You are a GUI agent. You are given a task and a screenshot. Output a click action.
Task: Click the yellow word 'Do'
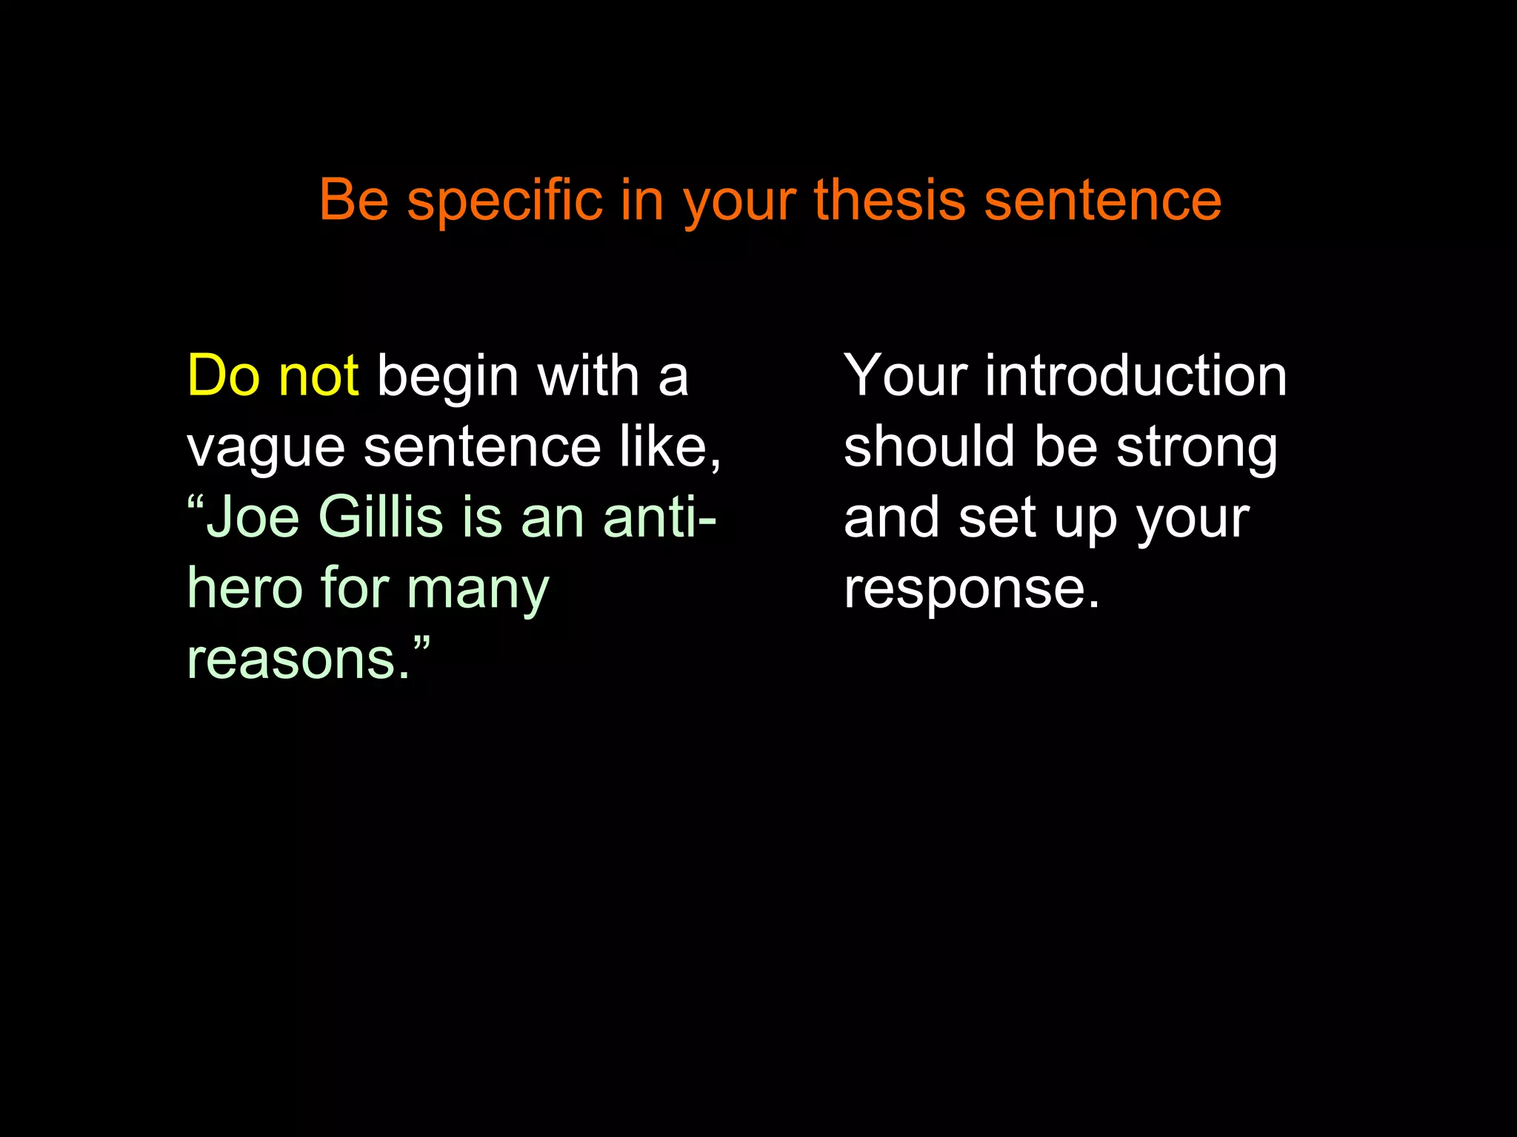coord(223,376)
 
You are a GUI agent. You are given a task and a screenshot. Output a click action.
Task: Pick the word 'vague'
coord(266,449)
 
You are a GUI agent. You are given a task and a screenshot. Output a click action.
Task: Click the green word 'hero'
coord(245,588)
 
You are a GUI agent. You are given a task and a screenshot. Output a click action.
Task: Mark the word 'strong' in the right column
coord(1196,449)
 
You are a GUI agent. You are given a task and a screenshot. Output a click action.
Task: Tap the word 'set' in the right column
coord(996,518)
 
